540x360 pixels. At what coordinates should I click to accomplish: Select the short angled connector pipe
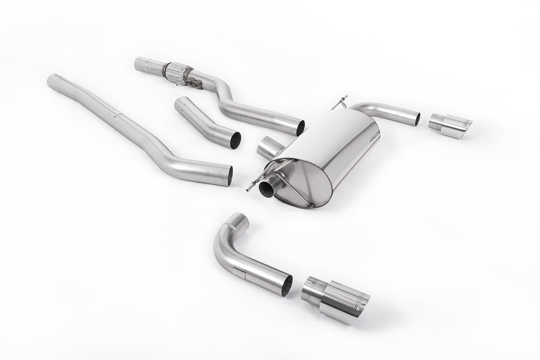(205, 122)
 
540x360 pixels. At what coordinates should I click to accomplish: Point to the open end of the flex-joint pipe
(301, 128)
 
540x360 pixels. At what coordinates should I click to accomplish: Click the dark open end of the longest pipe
(230, 174)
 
